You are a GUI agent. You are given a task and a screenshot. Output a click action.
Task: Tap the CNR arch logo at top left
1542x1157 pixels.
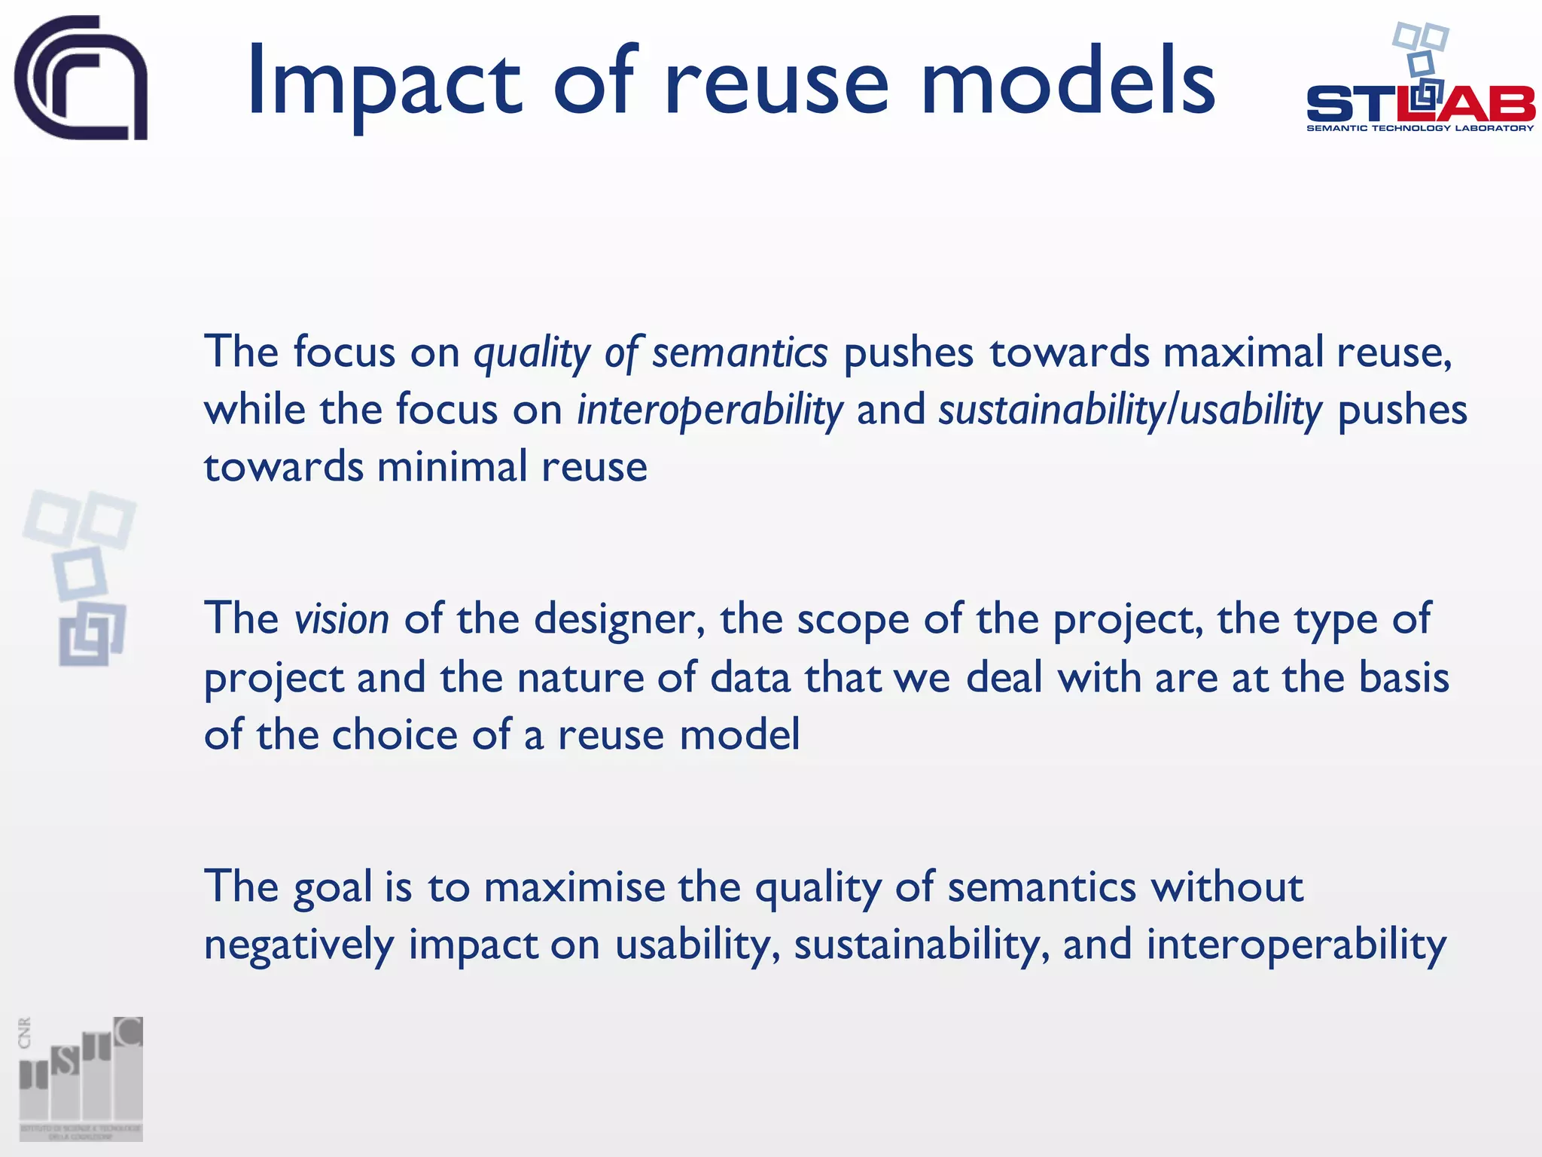click(81, 78)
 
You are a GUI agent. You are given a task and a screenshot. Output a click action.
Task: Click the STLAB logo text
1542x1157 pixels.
click(1420, 104)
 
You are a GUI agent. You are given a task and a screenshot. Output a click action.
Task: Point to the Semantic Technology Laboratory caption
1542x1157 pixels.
click(1420, 128)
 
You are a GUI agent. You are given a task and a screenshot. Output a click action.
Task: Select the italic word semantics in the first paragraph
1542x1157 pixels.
click(739, 353)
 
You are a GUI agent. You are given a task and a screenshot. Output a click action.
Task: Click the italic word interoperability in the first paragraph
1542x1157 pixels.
click(709, 411)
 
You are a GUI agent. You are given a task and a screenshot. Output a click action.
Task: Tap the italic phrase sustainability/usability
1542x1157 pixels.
click(1129, 411)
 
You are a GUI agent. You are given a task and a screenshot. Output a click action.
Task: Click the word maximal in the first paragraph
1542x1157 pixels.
click(1242, 353)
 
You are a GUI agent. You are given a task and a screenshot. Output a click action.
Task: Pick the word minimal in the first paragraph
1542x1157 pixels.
click(452, 467)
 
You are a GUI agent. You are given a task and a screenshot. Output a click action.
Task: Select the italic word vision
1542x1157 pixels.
click(342, 619)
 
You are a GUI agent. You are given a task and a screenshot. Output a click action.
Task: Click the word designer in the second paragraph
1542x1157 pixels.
click(619, 619)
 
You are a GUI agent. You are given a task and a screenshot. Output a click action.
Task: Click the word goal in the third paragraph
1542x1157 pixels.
click(332, 887)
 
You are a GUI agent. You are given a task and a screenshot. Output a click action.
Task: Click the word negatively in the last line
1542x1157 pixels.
click(299, 945)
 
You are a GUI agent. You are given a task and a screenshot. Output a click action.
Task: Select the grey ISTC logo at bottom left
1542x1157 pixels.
click(81, 1079)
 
